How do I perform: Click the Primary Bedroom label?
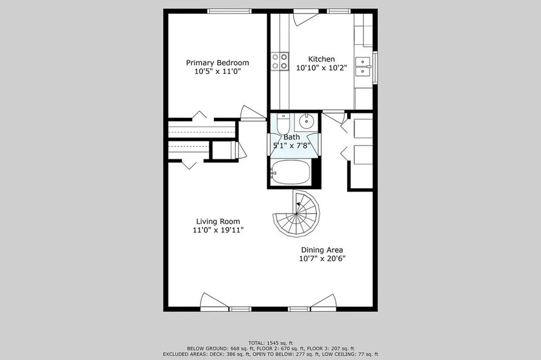pos(217,63)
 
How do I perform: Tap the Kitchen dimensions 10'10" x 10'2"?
pos(321,68)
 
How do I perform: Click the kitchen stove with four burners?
pos(279,61)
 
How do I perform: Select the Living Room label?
pos(218,221)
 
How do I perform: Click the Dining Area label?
pos(322,250)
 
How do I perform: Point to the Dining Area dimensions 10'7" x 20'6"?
pos(322,259)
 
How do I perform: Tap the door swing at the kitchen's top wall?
pos(305,18)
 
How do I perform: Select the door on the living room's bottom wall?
pos(214,302)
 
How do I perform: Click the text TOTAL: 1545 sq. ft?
pos(270,343)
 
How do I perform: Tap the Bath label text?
pos(292,137)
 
